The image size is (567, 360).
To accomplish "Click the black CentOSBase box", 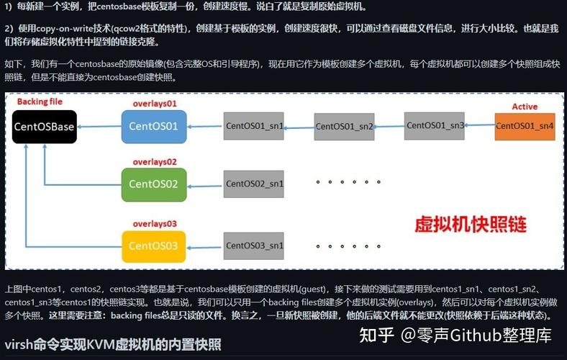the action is click(x=45, y=127).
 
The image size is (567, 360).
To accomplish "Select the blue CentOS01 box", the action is click(x=154, y=127).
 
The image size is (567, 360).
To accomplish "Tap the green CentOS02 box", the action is click(x=154, y=184).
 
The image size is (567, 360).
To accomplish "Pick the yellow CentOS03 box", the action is click(x=154, y=246).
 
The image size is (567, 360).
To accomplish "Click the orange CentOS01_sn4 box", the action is click(x=525, y=126).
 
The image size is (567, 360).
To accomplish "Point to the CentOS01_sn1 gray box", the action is click(x=254, y=126).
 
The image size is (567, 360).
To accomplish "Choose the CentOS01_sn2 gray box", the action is click(x=344, y=127).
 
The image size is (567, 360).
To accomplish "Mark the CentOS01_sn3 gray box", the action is click(x=435, y=125).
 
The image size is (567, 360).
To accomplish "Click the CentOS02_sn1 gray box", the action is click(x=254, y=184).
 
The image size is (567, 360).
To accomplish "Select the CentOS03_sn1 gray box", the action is click(x=254, y=246).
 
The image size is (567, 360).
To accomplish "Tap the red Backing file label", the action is click(x=40, y=102).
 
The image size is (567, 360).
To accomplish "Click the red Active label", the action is click(x=525, y=107).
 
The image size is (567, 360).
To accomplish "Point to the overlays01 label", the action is click(x=155, y=104).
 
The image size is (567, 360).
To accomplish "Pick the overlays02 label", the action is click(x=155, y=162).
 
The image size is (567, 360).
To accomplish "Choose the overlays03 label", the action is click(x=155, y=224).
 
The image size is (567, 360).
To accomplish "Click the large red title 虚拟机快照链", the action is click(x=471, y=225).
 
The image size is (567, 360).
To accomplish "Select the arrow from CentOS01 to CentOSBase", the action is click(x=99, y=127).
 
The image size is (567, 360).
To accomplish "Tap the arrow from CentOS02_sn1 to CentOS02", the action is click(x=205, y=186).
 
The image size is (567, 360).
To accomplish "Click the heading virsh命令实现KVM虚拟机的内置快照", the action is click(x=113, y=345).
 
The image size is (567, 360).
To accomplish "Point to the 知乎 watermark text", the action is click(x=376, y=335).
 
